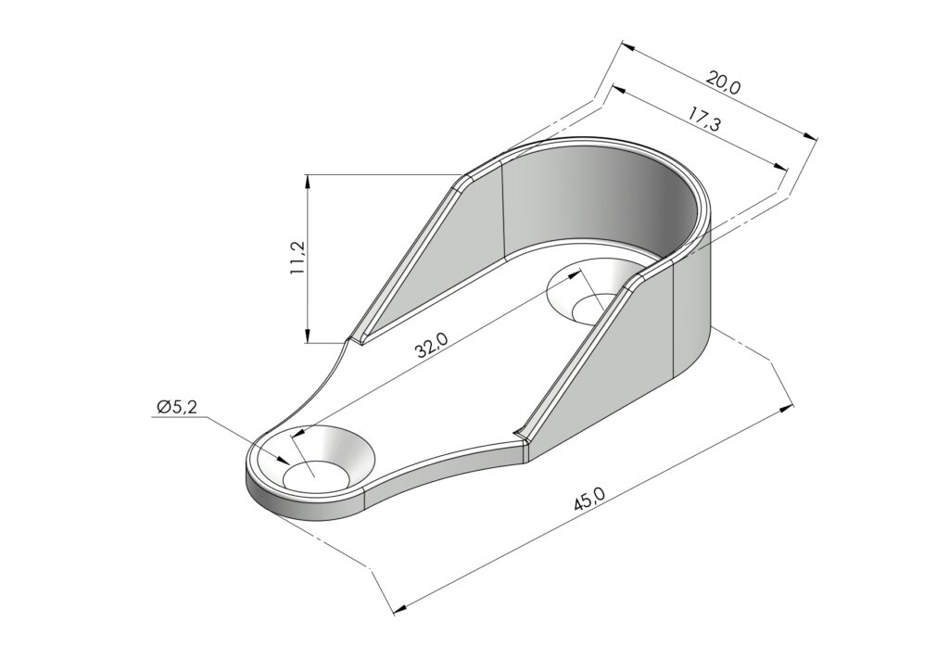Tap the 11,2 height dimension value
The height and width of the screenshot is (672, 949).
pos(297,258)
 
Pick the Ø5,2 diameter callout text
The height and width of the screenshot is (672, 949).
pos(176,407)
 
